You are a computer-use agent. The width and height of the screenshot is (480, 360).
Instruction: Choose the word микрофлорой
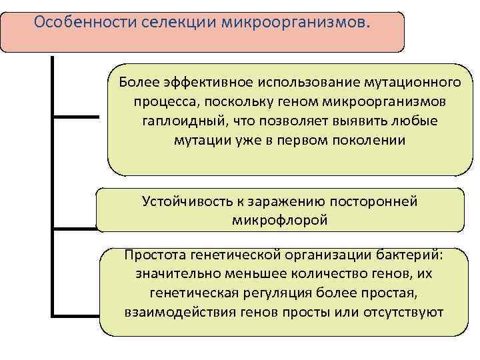(280, 220)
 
